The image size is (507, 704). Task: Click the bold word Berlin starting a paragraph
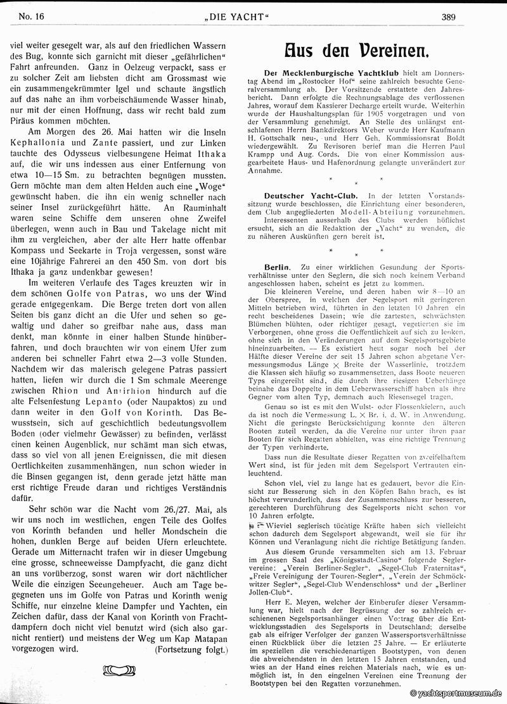tap(277, 268)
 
